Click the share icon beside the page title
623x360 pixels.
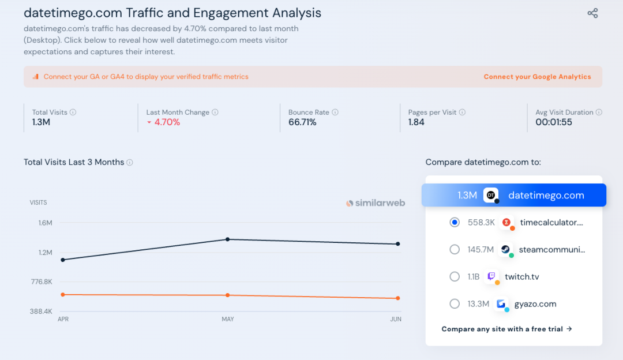point(592,13)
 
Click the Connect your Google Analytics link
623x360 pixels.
point(537,77)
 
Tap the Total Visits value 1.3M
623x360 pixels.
point(41,122)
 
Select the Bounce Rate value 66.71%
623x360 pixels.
point(302,122)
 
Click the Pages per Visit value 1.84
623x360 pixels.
point(416,122)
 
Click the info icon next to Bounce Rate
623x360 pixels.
point(335,112)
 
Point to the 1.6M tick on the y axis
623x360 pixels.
point(45,223)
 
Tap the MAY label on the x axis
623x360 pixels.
point(228,319)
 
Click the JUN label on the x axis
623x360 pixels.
point(396,319)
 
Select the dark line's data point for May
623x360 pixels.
point(228,239)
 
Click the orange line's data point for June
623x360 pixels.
point(397,298)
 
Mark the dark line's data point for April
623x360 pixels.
point(62,260)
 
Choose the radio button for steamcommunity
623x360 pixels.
point(455,249)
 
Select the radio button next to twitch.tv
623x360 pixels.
point(455,276)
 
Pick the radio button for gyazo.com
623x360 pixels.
point(455,303)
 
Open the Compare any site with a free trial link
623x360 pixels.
point(506,329)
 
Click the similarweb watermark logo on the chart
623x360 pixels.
point(376,203)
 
